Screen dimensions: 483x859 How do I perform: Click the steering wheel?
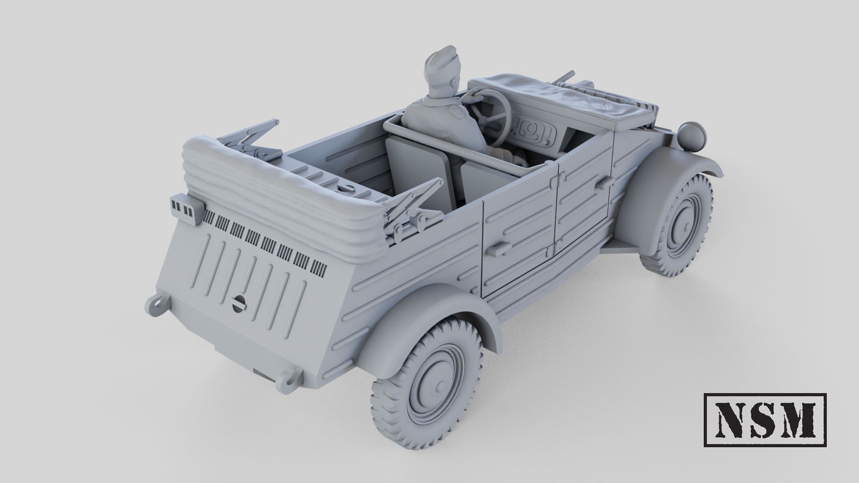(493, 113)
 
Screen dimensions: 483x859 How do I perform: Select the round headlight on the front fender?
(691, 136)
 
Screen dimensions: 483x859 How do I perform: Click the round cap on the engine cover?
(239, 303)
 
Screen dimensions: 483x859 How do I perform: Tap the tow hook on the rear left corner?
(158, 304)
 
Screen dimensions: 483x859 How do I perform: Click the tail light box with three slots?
(186, 208)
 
